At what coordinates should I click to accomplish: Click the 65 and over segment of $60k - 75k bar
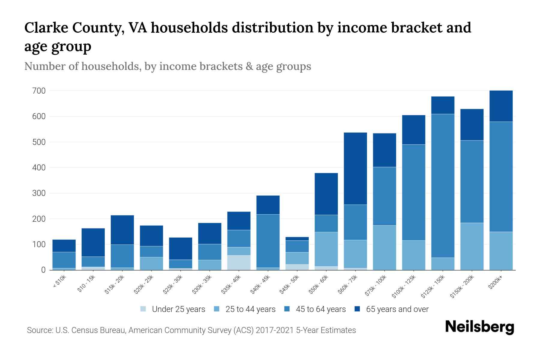(355, 169)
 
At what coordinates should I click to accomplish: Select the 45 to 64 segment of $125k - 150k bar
(443, 186)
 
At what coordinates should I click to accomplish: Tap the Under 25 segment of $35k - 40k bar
(239, 262)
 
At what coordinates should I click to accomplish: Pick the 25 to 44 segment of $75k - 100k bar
(384, 247)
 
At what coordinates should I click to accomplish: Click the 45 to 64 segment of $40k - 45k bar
(268, 241)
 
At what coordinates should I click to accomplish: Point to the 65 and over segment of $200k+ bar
(501, 106)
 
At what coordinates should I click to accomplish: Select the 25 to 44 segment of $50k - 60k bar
(326, 249)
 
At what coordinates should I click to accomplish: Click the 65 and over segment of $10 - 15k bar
(93, 242)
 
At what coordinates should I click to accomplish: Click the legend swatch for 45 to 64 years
(286, 309)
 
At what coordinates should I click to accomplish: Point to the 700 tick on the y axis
(39, 91)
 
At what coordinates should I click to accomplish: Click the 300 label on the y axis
(39, 193)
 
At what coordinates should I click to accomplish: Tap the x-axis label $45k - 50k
(289, 284)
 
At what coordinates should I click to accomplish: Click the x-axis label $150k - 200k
(462, 286)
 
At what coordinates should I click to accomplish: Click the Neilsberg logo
(479, 327)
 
